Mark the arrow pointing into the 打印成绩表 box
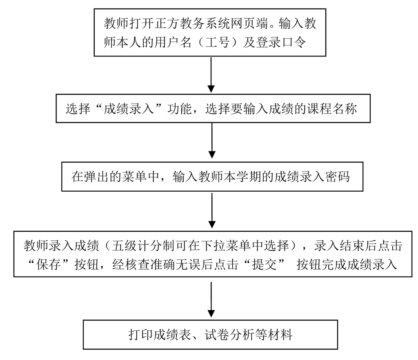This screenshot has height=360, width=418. point(211,300)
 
